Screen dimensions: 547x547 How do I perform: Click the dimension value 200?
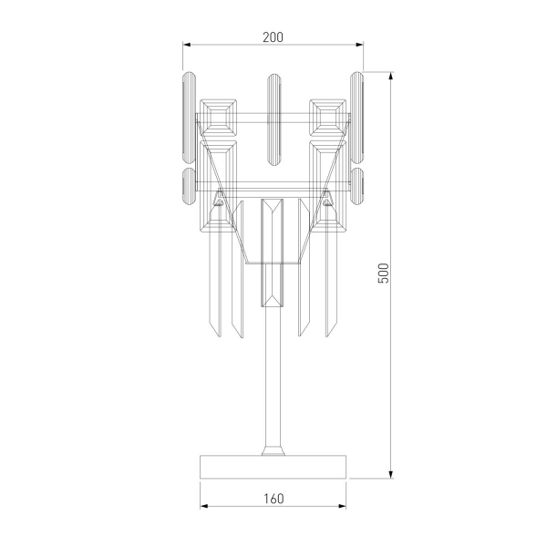(273, 37)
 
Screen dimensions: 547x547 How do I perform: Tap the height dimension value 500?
(384, 273)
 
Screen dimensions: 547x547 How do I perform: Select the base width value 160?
(273, 499)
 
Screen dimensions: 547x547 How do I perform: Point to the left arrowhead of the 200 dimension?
(187, 45)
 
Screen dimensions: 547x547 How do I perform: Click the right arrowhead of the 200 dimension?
(360, 45)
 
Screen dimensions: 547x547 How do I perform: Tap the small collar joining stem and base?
(273, 449)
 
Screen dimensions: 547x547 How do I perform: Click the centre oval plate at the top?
(273, 119)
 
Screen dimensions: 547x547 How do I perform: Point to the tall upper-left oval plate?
(190, 115)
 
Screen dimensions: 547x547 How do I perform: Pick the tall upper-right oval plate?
(356, 115)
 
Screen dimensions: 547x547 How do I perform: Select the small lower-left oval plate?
(190, 186)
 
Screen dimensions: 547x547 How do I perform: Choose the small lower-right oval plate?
(356, 186)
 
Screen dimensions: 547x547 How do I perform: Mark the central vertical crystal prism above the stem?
(273, 251)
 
